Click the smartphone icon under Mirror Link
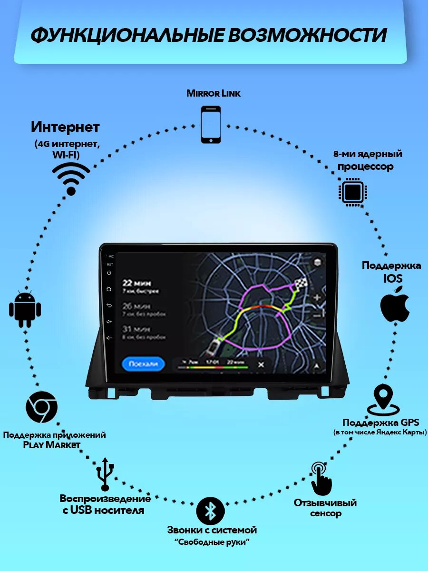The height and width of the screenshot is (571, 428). coord(211,124)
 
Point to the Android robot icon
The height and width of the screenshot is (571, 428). coord(25,309)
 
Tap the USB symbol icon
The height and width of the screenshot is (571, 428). coord(105,474)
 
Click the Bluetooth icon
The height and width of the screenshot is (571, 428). coord(210,511)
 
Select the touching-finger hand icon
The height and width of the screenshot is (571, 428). coord(321,479)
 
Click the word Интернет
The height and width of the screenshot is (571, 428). coord(65,127)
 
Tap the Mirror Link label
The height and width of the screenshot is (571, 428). coord(214,93)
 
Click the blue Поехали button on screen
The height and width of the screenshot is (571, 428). coord(143,364)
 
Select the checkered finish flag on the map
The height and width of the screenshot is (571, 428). coord(301,284)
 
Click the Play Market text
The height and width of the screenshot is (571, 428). coord(52,445)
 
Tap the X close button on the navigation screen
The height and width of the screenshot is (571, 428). coord(261,365)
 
